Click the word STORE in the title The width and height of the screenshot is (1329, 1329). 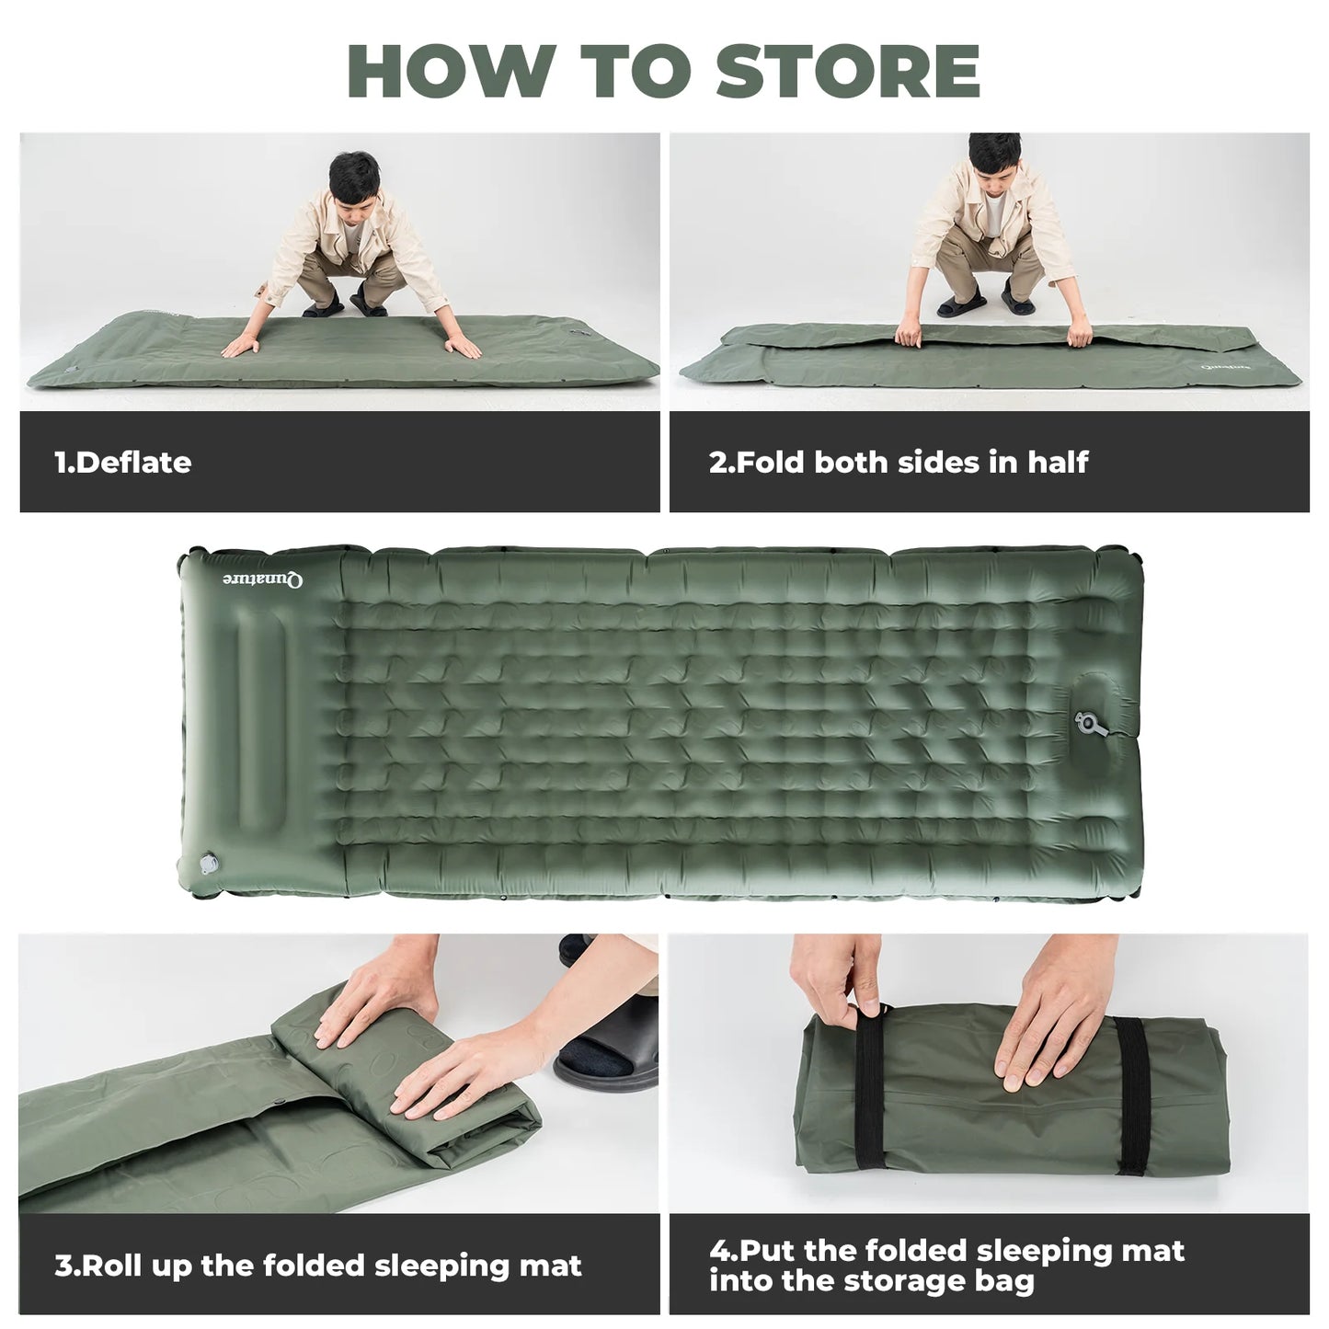click(x=848, y=71)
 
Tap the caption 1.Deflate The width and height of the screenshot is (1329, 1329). click(x=123, y=462)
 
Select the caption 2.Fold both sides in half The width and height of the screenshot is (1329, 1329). click(x=899, y=462)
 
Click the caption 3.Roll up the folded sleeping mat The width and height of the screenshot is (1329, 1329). click(x=318, y=1266)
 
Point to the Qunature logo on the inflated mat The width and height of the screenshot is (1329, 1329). click(x=263, y=579)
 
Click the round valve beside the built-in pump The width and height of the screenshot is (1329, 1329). click(x=1089, y=723)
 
